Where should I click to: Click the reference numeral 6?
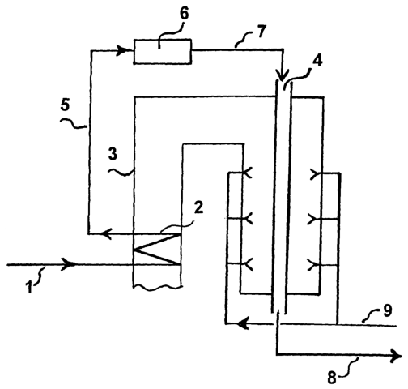[x=184, y=14]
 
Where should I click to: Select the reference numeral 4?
[x=317, y=62]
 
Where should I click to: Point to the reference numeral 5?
[x=65, y=105]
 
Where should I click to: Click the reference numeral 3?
[x=113, y=154]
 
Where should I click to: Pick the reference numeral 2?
[x=198, y=208]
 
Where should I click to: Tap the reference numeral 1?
[x=29, y=287]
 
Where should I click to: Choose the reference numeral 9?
[x=387, y=310]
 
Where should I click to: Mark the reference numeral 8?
[x=332, y=377]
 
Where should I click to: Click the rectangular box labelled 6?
[x=163, y=52]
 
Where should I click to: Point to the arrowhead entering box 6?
[x=122, y=50]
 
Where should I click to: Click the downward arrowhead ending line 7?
[x=283, y=75]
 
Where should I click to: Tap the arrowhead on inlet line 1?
[x=69, y=264]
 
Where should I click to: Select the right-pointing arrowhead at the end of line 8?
[x=397, y=354]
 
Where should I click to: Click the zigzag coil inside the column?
[x=157, y=249]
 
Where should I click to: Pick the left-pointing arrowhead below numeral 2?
[x=105, y=233]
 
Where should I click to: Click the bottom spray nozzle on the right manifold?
[x=313, y=264]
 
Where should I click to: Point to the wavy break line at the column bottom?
[x=157, y=288]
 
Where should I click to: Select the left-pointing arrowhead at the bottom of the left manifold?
[x=244, y=323]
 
